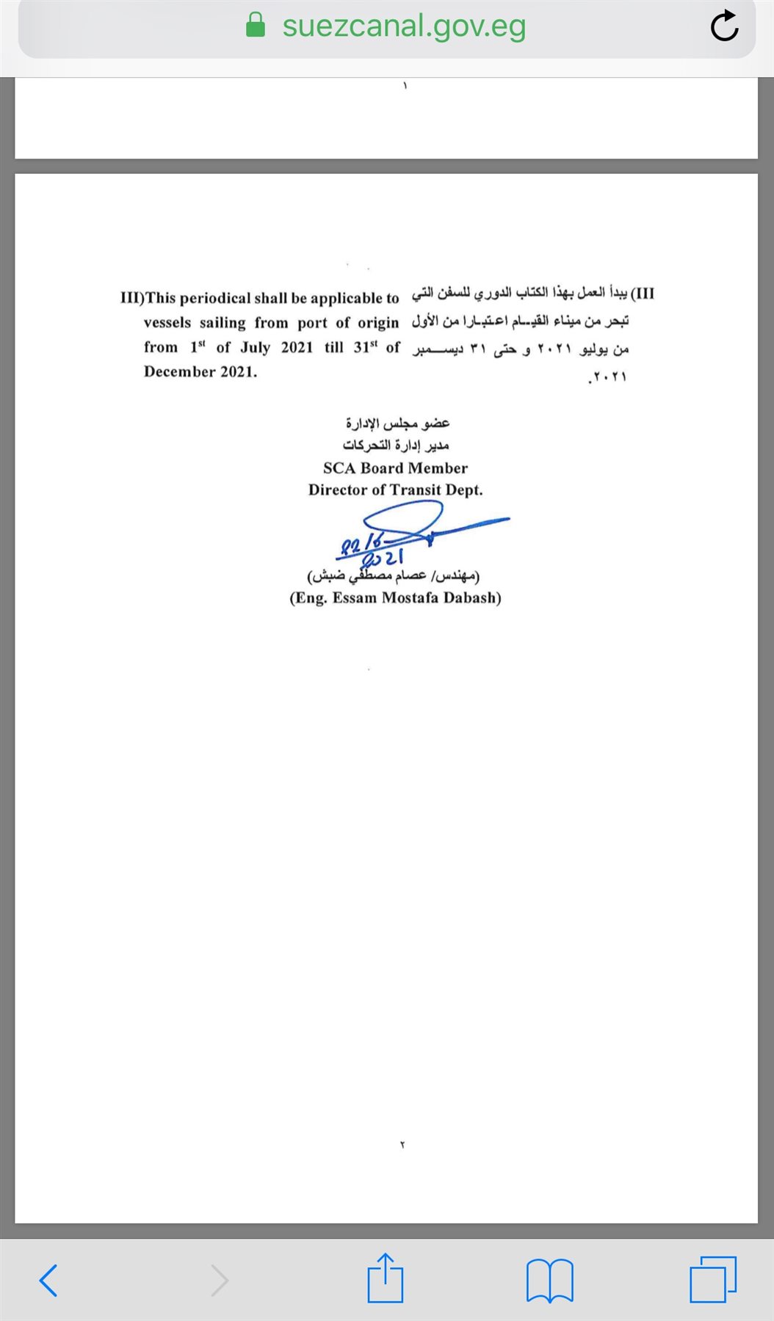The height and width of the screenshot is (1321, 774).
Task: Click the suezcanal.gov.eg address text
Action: coord(404,26)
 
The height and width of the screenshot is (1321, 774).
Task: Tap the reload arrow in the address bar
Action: coord(724,26)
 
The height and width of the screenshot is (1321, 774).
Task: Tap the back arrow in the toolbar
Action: coord(48,1281)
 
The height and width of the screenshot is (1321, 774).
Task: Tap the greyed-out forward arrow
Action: coord(219,1281)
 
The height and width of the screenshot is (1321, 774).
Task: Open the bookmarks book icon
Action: coord(549,1281)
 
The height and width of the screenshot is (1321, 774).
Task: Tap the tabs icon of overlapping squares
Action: coord(712,1281)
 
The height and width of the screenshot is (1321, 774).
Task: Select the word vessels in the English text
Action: coord(167,323)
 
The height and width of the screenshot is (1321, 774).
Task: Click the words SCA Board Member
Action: coord(395,468)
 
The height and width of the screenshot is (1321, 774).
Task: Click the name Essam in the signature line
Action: coord(354,598)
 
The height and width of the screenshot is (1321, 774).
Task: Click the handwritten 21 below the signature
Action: coord(394,558)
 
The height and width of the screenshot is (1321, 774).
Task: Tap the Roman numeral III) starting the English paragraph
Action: coord(132,298)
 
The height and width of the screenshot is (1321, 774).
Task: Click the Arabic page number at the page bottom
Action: coord(402,1144)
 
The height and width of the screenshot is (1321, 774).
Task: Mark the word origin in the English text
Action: coord(378,323)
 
